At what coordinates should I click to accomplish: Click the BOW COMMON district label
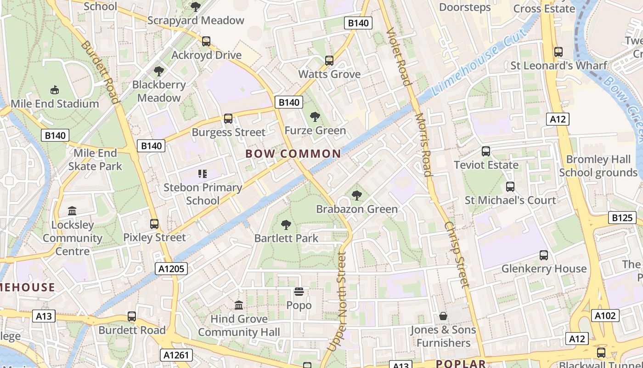click(x=293, y=154)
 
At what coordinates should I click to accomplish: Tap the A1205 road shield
click(x=171, y=269)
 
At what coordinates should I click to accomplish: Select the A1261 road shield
click(x=177, y=355)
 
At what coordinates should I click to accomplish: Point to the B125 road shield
click(x=622, y=218)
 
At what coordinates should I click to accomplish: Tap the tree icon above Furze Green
click(x=315, y=117)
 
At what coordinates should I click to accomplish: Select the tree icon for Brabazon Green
click(x=357, y=195)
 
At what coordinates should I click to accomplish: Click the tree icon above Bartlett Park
click(x=286, y=225)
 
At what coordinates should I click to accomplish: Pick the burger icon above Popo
click(x=299, y=292)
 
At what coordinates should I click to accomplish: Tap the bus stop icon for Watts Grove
click(x=329, y=60)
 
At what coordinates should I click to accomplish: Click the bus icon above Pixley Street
click(x=154, y=224)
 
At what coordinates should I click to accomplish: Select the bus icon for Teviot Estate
click(x=486, y=151)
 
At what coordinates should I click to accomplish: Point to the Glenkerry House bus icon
click(x=544, y=255)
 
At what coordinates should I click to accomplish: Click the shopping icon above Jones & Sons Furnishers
click(x=443, y=316)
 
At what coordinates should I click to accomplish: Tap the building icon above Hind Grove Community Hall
click(x=239, y=305)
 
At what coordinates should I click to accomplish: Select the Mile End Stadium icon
click(x=55, y=89)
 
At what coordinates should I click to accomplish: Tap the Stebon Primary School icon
click(x=203, y=173)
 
